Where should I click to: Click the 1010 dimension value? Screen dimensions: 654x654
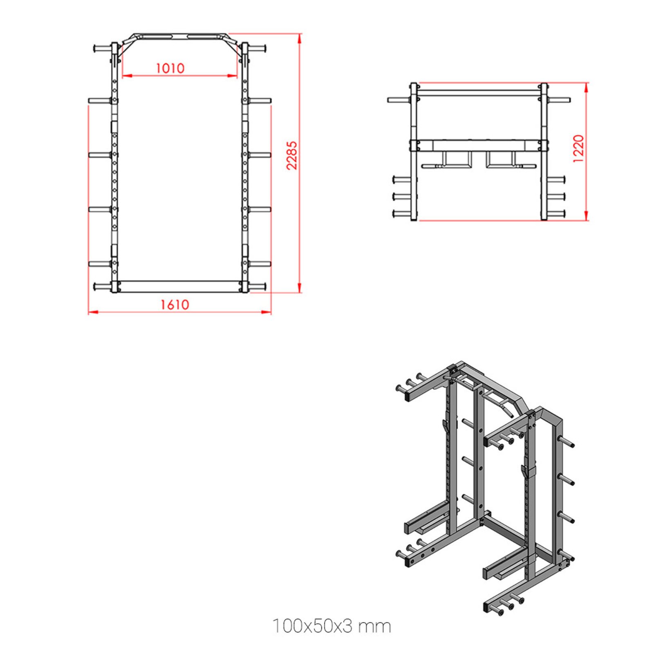click(170, 68)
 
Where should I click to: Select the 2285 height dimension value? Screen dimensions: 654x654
click(291, 155)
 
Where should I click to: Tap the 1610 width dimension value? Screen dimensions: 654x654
click(175, 305)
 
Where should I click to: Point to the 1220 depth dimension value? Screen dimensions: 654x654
click(578, 149)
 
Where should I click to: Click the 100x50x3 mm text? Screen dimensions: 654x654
click(331, 626)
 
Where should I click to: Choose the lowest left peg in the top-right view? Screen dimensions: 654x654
click(403, 213)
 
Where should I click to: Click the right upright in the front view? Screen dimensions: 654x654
click(245, 163)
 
